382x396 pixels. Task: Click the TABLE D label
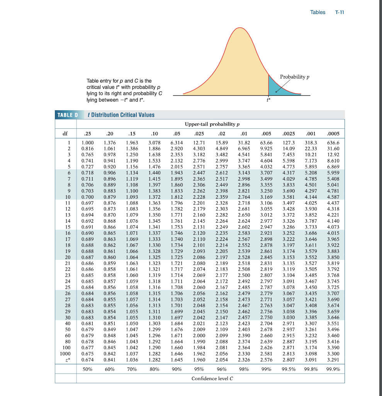click(x=68, y=115)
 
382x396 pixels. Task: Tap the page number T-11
click(x=340, y=12)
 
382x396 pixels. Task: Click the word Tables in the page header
click(x=317, y=12)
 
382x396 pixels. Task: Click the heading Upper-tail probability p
click(x=212, y=124)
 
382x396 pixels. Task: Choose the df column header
click(x=65, y=134)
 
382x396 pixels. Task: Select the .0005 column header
click(x=333, y=134)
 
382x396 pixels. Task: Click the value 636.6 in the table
click(x=333, y=143)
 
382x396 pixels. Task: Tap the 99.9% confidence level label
click(x=333, y=369)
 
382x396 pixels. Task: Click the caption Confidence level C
click(x=212, y=379)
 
